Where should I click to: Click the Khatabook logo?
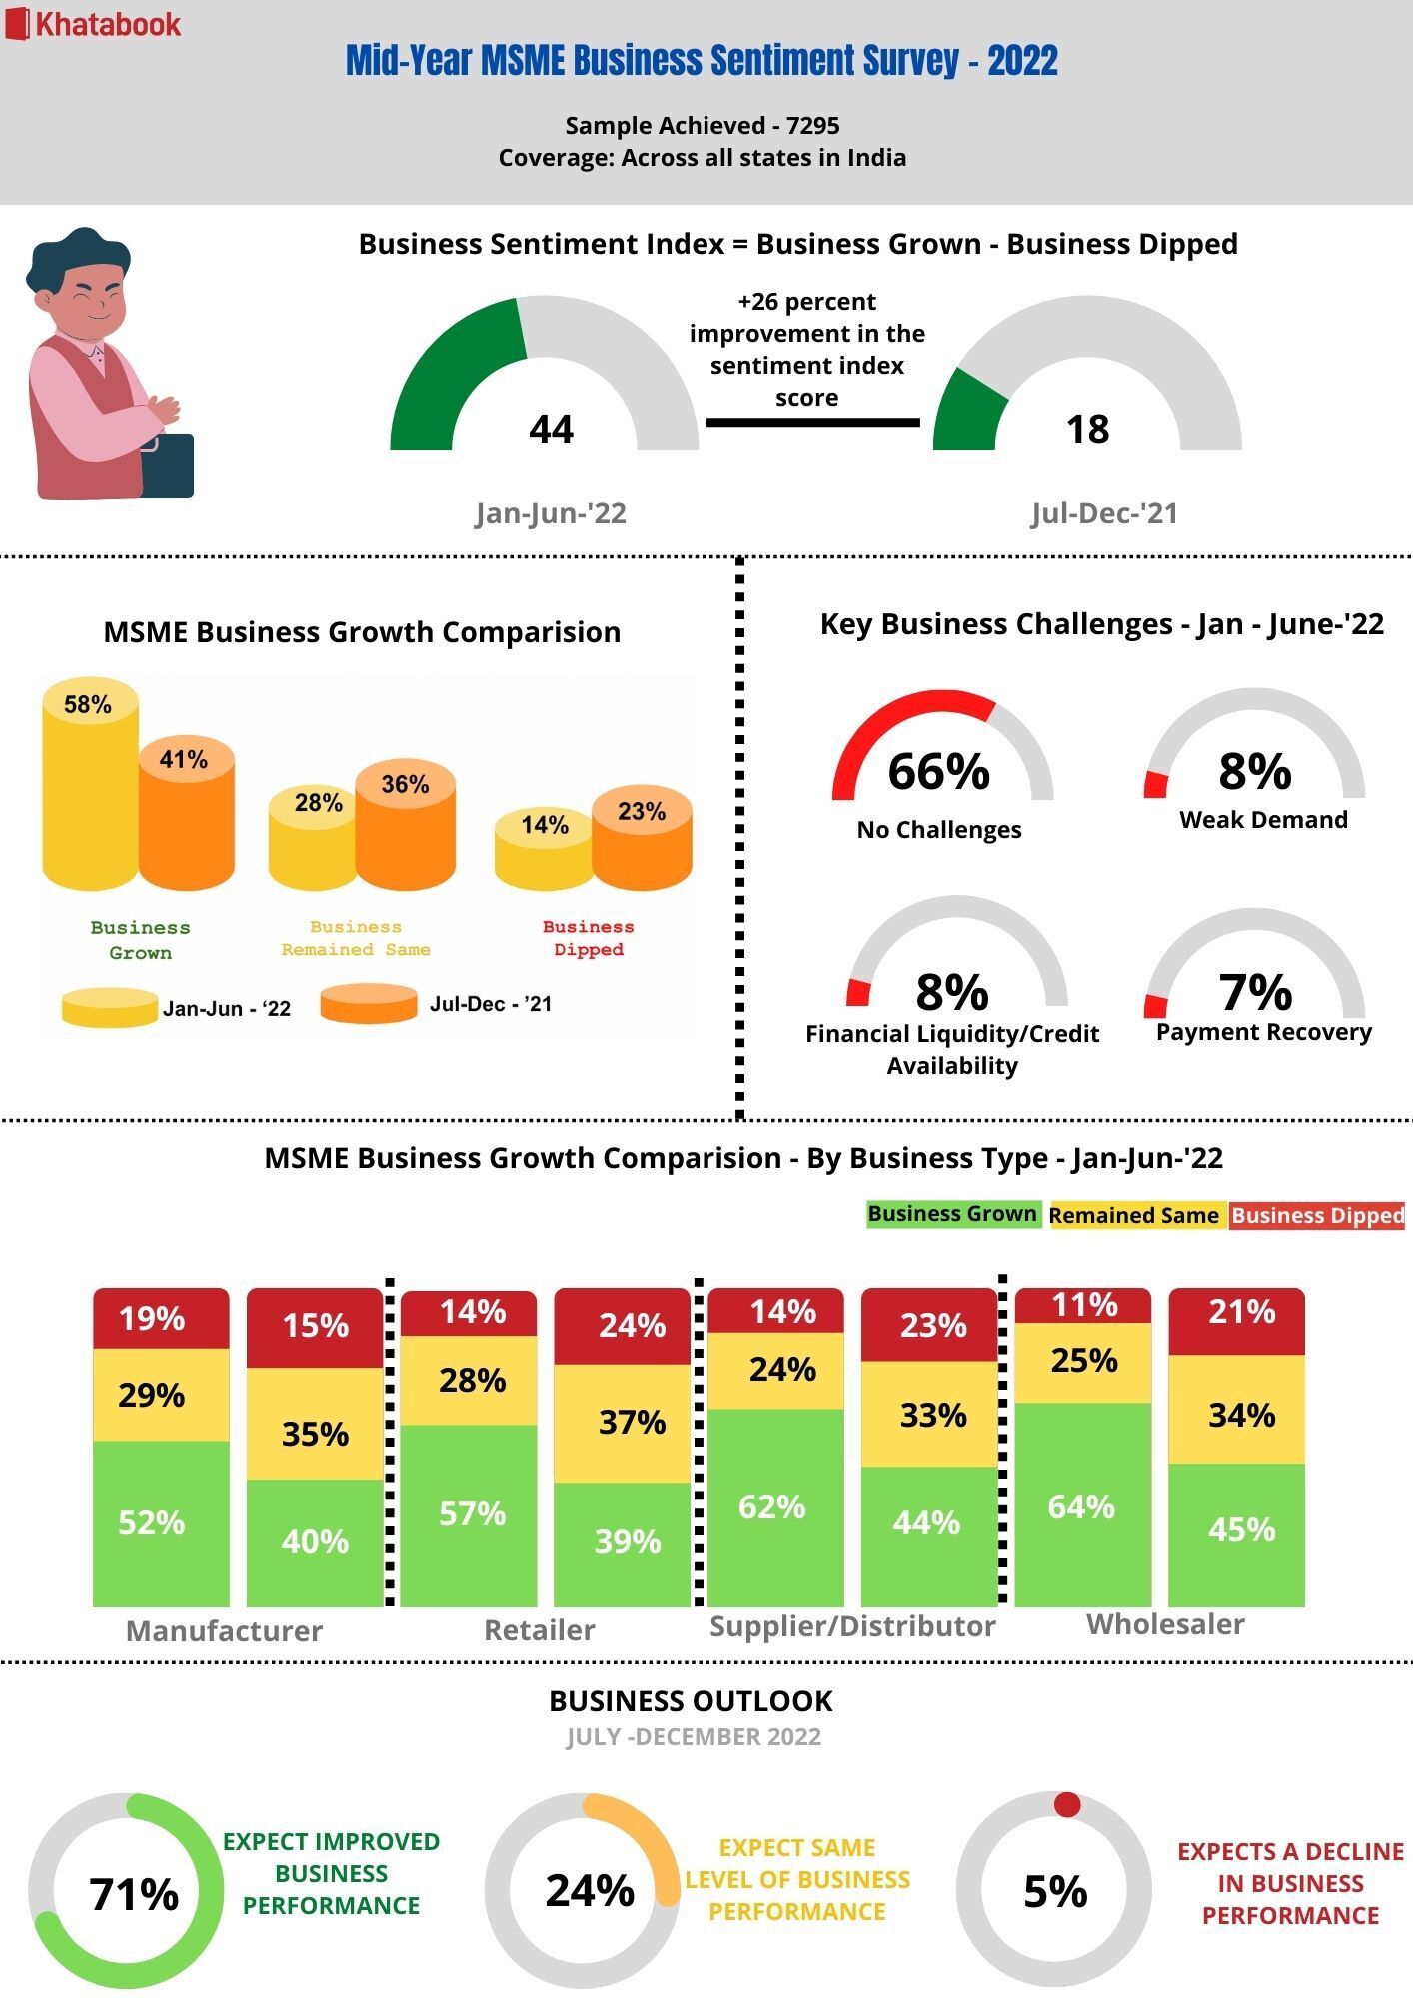point(95,24)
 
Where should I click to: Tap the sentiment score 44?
point(551,429)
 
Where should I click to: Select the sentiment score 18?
point(1087,429)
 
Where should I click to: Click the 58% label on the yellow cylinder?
point(88,705)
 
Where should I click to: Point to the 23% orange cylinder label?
point(642,811)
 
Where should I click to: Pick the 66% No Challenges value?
point(938,772)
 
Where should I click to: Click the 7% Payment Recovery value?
point(1255,992)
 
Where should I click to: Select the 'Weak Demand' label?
point(1263,820)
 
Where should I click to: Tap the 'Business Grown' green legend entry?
point(952,1214)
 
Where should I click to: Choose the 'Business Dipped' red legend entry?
point(1317,1215)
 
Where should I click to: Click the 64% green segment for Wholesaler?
point(1082,1505)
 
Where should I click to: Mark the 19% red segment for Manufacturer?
point(152,1319)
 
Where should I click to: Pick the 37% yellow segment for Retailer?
point(632,1422)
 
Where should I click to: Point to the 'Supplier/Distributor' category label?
point(852,1626)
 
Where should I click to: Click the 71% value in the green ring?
point(134,1893)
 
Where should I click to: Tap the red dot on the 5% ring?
point(1067,1804)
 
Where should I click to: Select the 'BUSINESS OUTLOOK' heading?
point(692,1700)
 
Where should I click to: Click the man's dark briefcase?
point(168,466)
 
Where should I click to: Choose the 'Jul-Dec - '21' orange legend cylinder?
point(369,1004)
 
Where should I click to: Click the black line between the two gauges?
point(812,423)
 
